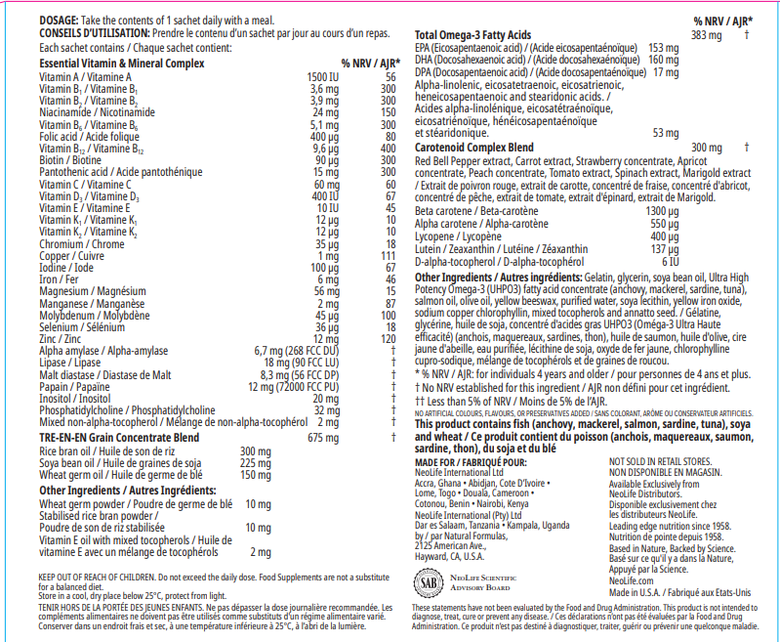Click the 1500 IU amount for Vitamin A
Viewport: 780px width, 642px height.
point(323,76)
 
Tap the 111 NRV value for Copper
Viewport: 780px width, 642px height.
point(389,254)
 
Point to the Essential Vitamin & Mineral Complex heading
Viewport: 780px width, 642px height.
point(122,63)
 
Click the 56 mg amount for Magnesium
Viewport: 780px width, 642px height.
point(325,290)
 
